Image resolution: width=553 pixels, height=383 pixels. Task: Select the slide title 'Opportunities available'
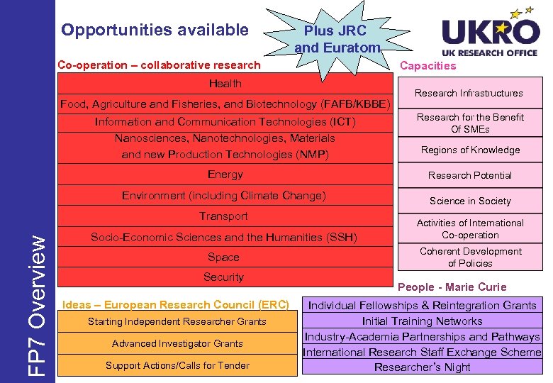(x=155, y=30)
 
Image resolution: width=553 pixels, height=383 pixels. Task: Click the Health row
(x=225, y=84)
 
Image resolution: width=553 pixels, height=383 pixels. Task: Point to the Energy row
(x=225, y=174)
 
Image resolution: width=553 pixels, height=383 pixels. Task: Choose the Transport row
(x=224, y=216)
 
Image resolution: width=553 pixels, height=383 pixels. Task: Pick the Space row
(x=224, y=257)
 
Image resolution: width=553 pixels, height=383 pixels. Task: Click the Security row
(x=224, y=277)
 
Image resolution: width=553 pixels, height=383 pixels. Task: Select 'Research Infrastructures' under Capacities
(x=469, y=93)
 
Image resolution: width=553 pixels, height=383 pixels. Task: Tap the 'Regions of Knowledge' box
(x=470, y=150)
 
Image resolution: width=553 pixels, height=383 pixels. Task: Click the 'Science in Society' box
(x=470, y=201)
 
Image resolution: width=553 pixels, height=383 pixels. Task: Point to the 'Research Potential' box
(x=470, y=175)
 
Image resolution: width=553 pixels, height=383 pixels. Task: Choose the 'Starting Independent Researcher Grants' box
(x=177, y=322)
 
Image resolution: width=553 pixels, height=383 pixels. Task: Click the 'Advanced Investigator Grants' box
(x=177, y=344)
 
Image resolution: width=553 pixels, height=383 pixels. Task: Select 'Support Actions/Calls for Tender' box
(x=177, y=366)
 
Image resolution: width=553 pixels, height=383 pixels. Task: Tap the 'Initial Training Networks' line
(x=422, y=321)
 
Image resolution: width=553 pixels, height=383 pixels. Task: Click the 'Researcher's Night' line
(x=422, y=367)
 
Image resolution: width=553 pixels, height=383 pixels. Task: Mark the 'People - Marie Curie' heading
(x=452, y=287)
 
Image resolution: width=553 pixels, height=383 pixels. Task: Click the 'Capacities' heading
(x=428, y=66)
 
